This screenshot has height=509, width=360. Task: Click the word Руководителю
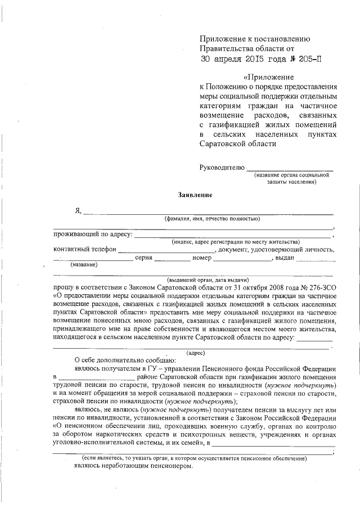point(222,167)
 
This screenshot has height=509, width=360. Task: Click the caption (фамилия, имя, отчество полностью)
point(211,218)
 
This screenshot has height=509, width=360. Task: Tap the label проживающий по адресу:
point(93,234)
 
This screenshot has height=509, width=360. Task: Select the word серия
point(143,258)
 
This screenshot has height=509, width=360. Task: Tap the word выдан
point(283,258)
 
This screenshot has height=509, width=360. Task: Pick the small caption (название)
point(83,265)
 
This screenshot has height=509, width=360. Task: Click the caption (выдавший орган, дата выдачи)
point(208,280)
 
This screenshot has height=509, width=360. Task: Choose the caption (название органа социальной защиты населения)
point(291,178)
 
